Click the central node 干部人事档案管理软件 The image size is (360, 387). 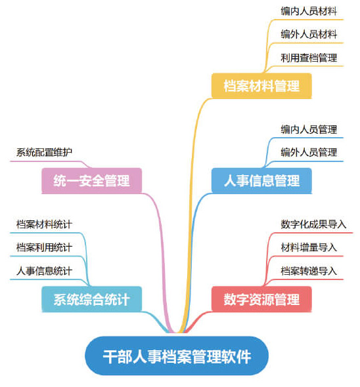click(x=177, y=356)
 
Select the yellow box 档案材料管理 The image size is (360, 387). click(x=261, y=86)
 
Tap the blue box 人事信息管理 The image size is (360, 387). click(x=261, y=180)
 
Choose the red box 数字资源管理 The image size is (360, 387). click(x=261, y=300)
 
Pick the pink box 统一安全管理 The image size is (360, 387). click(x=91, y=180)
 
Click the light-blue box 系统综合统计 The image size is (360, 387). click(x=91, y=300)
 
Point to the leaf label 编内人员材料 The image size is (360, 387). click(x=308, y=10)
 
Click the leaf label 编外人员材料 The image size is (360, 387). click(x=308, y=34)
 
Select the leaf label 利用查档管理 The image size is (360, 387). click(x=308, y=58)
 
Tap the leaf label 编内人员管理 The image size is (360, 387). click(x=308, y=129)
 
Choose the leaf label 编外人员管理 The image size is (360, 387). click(x=308, y=152)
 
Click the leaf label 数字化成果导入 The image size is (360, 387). click(x=313, y=224)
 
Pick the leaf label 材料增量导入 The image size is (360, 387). click(x=308, y=247)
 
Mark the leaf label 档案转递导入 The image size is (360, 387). click(x=308, y=271)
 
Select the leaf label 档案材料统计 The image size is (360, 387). click(x=44, y=224)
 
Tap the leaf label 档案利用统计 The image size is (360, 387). click(x=44, y=247)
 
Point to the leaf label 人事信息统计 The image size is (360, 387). click(x=44, y=271)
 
